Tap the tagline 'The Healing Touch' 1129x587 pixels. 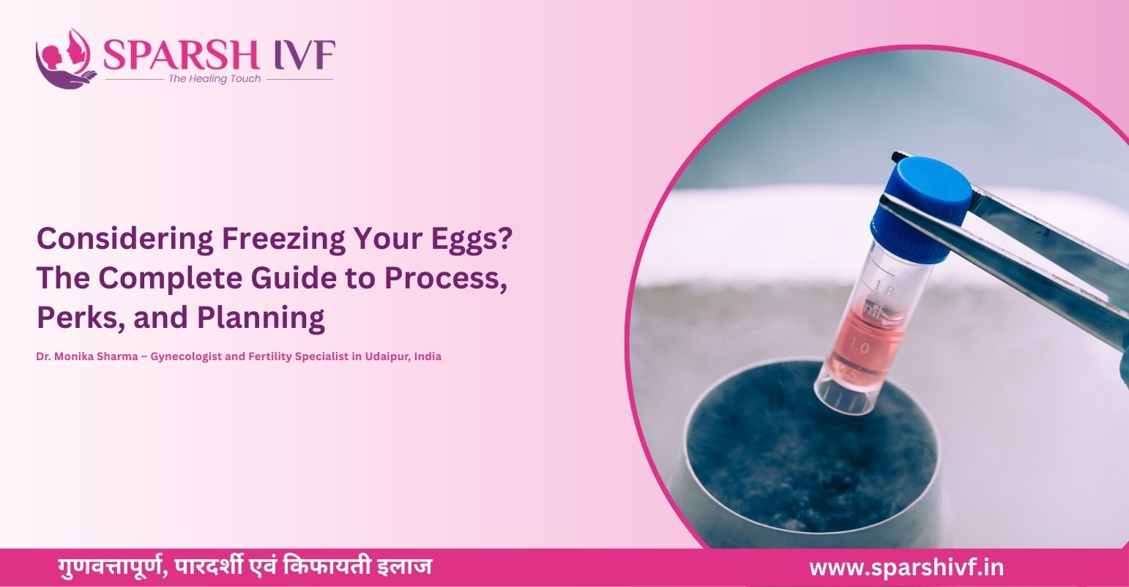[x=214, y=79]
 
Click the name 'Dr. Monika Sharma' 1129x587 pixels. [x=81, y=357]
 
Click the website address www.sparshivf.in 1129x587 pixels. [x=906, y=567]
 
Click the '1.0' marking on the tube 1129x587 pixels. [x=860, y=348]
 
